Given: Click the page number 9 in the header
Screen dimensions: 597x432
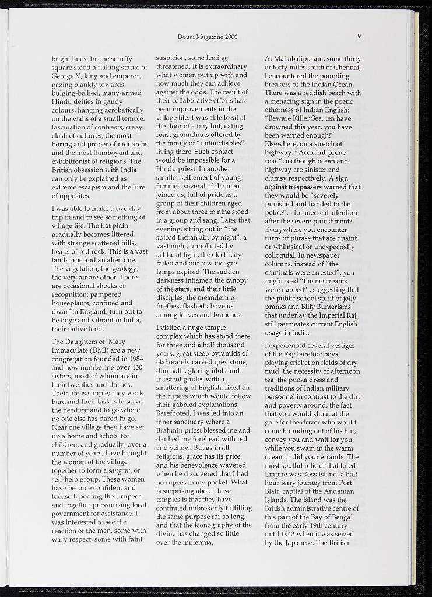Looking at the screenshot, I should point(360,36).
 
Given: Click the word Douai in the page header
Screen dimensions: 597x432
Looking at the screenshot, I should point(187,37).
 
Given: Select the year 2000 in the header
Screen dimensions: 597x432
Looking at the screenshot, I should point(230,37).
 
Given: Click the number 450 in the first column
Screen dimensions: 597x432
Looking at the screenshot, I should point(135,368).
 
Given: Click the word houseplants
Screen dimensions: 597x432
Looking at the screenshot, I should point(74,303).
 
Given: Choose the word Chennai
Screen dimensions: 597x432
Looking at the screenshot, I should point(347,68).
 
